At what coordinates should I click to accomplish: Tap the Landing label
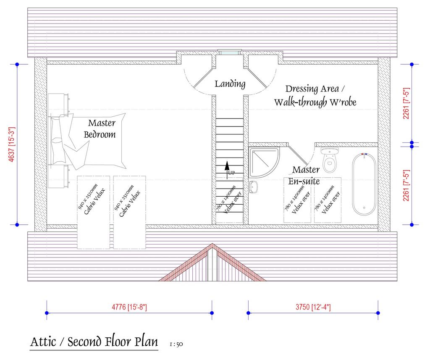230,84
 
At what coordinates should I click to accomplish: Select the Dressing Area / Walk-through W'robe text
315,95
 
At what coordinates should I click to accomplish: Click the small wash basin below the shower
254,187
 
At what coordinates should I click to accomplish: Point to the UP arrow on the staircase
227,170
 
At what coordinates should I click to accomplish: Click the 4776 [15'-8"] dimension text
129,307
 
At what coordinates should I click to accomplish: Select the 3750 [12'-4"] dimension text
313,307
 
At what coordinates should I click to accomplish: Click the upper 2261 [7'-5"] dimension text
406,103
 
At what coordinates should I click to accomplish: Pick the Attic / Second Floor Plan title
94,342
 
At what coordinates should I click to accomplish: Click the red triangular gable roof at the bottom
212,265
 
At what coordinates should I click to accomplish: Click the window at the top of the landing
229,53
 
